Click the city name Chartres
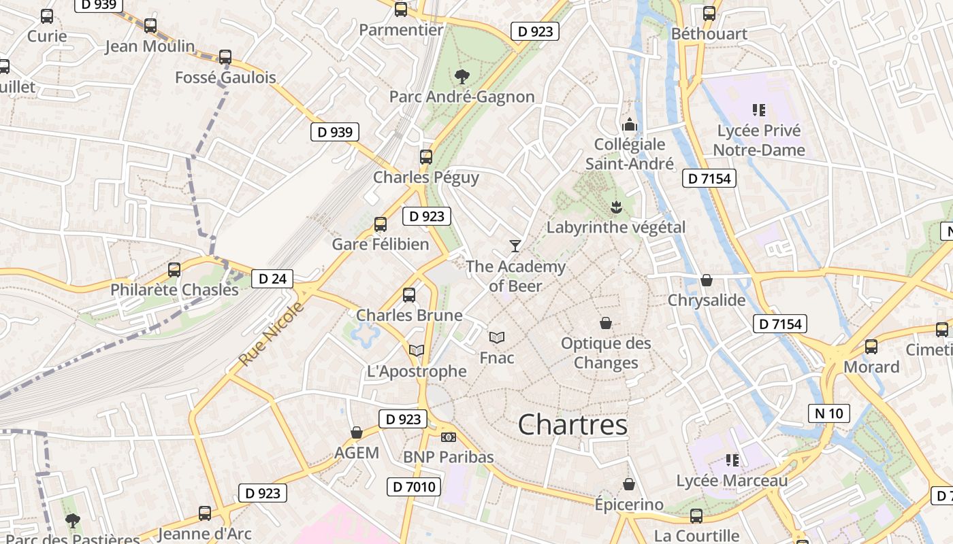[572, 425]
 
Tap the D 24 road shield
[272, 278]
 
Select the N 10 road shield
[828, 413]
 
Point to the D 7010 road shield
[414, 486]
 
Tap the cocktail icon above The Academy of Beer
[515, 245]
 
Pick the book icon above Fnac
[497, 337]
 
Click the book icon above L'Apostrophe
[416, 351]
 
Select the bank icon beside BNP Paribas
[448, 437]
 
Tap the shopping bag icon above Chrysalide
[707, 280]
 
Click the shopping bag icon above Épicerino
[628, 484]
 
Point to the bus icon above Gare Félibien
[381, 224]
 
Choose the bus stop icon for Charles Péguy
[426, 157]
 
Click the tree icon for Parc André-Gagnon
[462, 76]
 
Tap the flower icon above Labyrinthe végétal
[616, 206]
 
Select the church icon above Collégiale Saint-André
[630, 124]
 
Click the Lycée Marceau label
[732, 481]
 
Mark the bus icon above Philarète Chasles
[174, 270]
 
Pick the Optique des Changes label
[606, 353]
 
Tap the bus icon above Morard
[871, 347]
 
